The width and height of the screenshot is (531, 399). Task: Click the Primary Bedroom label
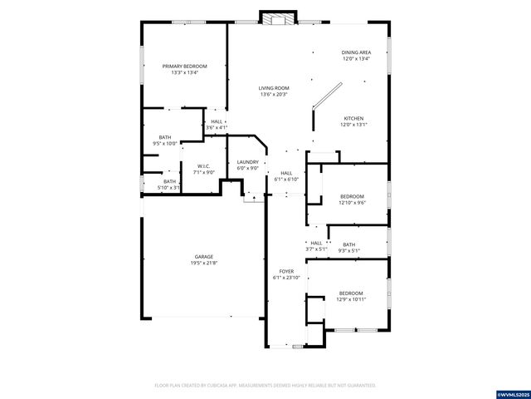pyautogui.click(x=184, y=66)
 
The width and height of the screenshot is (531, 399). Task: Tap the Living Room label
pyautogui.click(x=273, y=87)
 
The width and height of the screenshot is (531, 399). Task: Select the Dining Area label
pyautogui.click(x=356, y=52)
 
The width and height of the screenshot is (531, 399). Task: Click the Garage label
pyautogui.click(x=204, y=257)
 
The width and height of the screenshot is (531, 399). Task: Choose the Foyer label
pyautogui.click(x=285, y=271)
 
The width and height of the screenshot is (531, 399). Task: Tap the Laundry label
pyautogui.click(x=247, y=162)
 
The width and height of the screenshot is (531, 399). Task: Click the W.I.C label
pyautogui.click(x=203, y=165)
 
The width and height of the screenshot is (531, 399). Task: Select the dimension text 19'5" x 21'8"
pyautogui.click(x=204, y=264)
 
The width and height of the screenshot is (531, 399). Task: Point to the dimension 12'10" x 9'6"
pyautogui.click(x=352, y=203)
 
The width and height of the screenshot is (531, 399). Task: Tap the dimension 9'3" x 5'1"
pyautogui.click(x=349, y=250)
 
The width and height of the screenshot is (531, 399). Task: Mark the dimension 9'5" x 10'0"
pyautogui.click(x=165, y=144)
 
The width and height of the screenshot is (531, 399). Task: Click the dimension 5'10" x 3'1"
pyautogui.click(x=169, y=188)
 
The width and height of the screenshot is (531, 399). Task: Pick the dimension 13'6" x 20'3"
pyautogui.click(x=273, y=94)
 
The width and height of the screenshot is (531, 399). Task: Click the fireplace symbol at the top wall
pyautogui.click(x=277, y=17)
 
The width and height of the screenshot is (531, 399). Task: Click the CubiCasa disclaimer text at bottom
pyautogui.click(x=265, y=386)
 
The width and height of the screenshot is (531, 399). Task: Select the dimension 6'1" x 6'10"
pyautogui.click(x=285, y=180)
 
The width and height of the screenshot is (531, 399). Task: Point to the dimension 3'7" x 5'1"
pyautogui.click(x=316, y=249)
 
